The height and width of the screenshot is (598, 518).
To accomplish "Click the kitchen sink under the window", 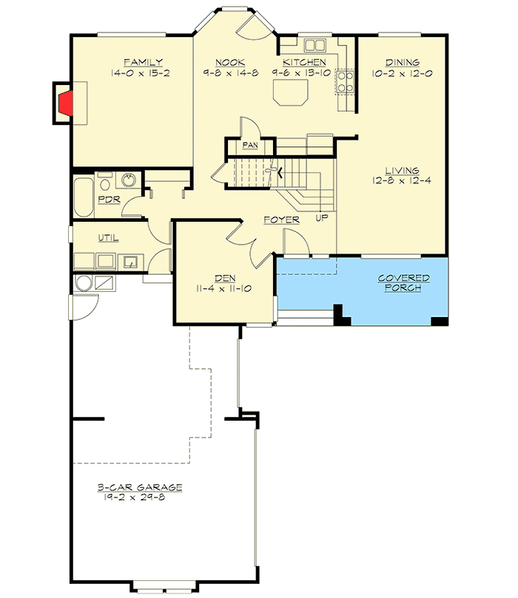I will pos(312,43).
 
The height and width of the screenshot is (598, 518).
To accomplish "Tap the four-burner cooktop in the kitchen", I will pos(345,81).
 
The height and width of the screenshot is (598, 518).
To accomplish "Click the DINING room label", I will pos(403,62).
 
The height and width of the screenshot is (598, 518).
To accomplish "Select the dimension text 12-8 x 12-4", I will pos(402,180).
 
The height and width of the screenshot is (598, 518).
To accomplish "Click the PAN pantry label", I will pos(249,146).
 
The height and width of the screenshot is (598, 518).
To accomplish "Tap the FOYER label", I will pos(282,220).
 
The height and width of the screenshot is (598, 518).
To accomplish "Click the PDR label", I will pos(110,198).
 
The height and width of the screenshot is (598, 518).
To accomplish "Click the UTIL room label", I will pos(108,237).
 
